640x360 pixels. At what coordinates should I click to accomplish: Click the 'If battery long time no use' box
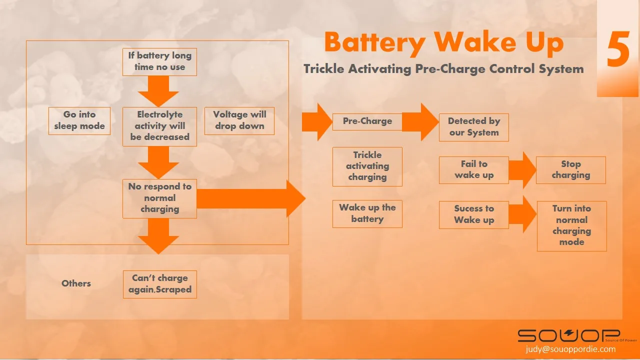159,61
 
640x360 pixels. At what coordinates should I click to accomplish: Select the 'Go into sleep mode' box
79,120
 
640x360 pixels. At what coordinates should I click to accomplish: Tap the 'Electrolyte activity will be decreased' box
159,126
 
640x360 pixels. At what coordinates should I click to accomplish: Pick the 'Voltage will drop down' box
239,120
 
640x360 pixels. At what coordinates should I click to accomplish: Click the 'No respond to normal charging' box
159,198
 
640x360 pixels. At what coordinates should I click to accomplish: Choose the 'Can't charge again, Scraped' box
159,284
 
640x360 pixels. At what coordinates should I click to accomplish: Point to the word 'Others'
76,283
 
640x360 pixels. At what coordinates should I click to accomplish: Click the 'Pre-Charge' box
367,121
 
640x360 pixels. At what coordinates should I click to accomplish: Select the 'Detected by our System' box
473,127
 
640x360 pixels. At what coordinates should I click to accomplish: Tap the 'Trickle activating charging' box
367,166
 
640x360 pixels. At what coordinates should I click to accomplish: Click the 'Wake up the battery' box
367,213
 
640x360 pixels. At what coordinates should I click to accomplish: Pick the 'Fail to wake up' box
473,169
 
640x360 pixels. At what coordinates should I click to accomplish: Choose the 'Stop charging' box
570,169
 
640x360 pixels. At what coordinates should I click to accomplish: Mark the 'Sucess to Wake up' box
473,214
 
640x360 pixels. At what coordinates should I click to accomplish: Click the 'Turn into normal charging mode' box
571,225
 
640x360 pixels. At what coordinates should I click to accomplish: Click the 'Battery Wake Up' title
443,42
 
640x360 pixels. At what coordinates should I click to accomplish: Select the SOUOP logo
568,335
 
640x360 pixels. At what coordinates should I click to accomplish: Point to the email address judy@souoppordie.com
570,349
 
